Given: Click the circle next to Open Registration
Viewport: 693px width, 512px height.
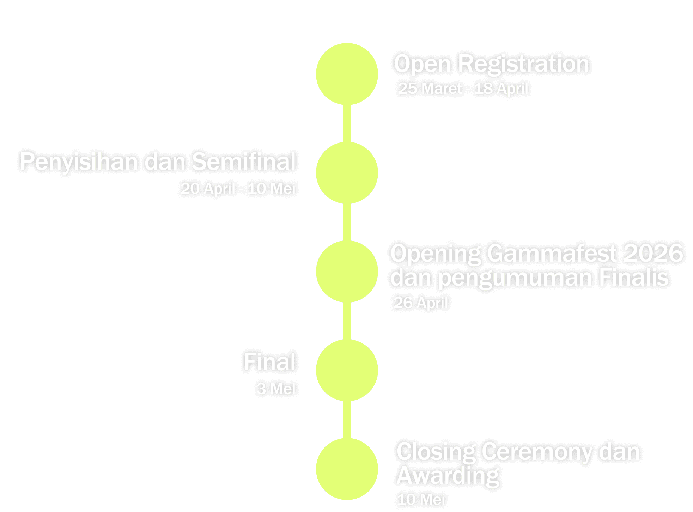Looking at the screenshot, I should (x=347, y=74).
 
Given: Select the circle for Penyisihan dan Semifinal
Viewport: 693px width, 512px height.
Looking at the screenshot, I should (x=347, y=173).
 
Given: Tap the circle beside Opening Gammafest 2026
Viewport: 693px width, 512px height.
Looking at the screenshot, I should (x=347, y=272).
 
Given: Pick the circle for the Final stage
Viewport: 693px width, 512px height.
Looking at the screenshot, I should (x=347, y=370).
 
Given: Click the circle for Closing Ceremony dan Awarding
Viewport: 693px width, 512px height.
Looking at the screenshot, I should (x=347, y=469).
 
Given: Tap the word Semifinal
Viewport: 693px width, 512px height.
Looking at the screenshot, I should (x=244, y=162).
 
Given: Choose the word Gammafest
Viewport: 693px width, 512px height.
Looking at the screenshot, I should (x=552, y=253).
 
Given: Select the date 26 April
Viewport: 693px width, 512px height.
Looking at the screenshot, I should (x=421, y=303).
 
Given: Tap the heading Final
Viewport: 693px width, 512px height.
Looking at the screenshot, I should (x=269, y=362).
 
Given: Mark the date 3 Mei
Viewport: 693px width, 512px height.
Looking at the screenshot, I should (x=276, y=389).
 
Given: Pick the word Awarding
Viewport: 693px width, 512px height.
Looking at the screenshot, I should (x=448, y=476).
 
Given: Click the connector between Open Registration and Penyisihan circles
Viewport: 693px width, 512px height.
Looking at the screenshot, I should (x=347, y=123).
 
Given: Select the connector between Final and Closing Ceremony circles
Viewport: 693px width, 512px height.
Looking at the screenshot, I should (x=347, y=420).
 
